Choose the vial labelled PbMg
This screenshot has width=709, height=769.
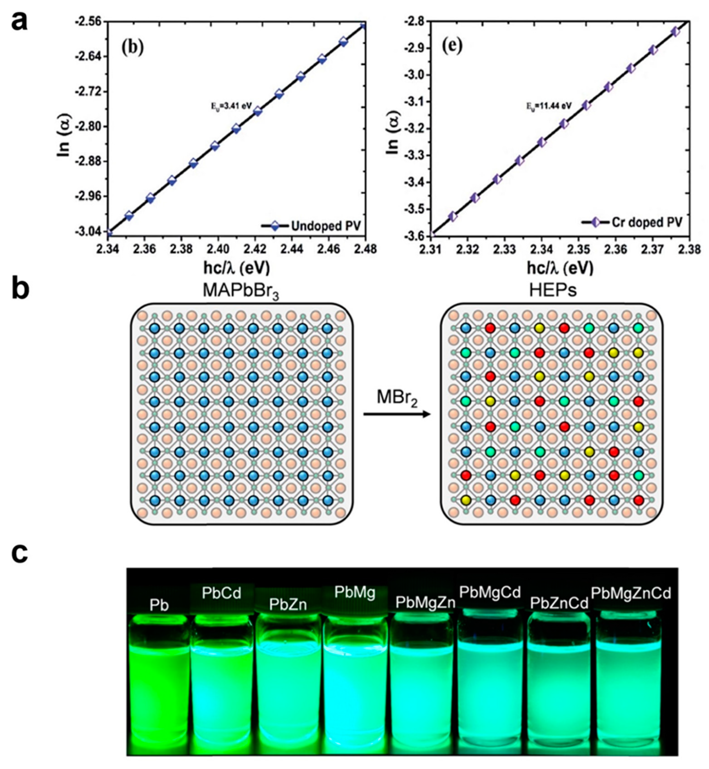tap(355, 682)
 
